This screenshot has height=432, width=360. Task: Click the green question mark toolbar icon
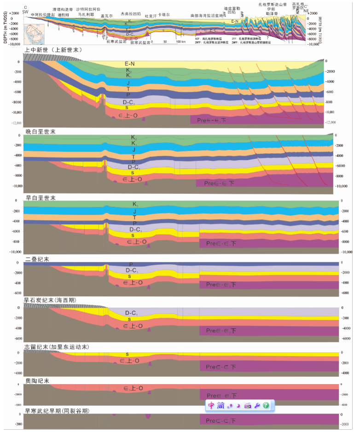(266, 406)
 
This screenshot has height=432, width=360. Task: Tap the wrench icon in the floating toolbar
(257, 406)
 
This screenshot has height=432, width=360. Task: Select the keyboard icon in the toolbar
(247, 406)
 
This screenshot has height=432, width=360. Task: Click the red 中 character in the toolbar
(211, 406)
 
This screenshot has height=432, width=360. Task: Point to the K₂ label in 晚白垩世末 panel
(134, 138)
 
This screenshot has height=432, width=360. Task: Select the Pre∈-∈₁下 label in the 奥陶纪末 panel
(223, 396)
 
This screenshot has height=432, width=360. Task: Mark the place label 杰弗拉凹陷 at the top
(130, 14)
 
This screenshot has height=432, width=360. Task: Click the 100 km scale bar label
(180, 41)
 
